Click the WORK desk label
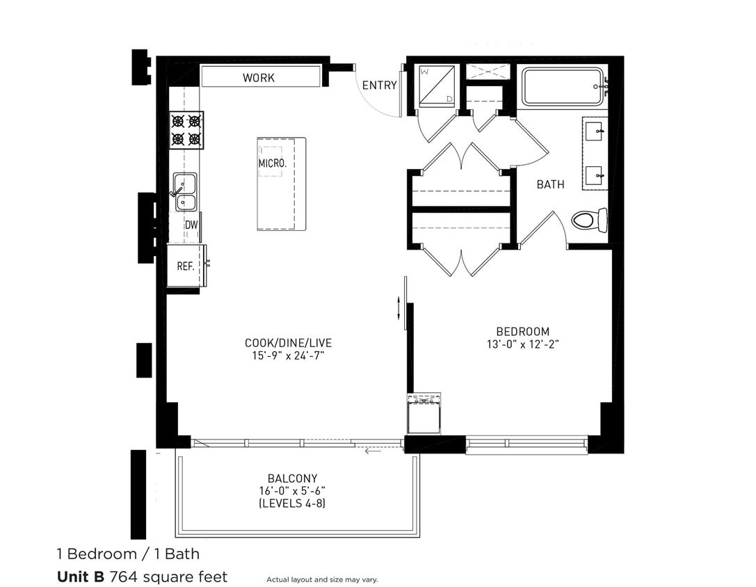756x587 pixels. pyautogui.click(x=258, y=78)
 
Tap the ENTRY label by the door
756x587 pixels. pyautogui.click(x=379, y=86)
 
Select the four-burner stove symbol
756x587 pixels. pyautogui.click(x=186, y=130)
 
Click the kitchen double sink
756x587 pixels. pyautogui.click(x=185, y=193)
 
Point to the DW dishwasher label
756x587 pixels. pyautogui.click(x=191, y=225)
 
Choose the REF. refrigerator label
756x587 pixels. pyautogui.click(x=185, y=266)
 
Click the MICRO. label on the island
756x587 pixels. pyautogui.click(x=272, y=163)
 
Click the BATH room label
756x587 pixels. pyautogui.click(x=550, y=185)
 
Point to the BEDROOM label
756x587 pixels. pyautogui.click(x=522, y=332)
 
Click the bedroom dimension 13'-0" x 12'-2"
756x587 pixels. pyautogui.click(x=522, y=344)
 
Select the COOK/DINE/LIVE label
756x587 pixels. pyautogui.click(x=289, y=343)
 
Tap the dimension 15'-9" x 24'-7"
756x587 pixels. pyautogui.click(x=289, y=355)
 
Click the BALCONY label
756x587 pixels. pyautogui.click(x=292, y=479)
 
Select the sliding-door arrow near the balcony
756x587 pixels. pyautogui.click(x=373, y=451)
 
